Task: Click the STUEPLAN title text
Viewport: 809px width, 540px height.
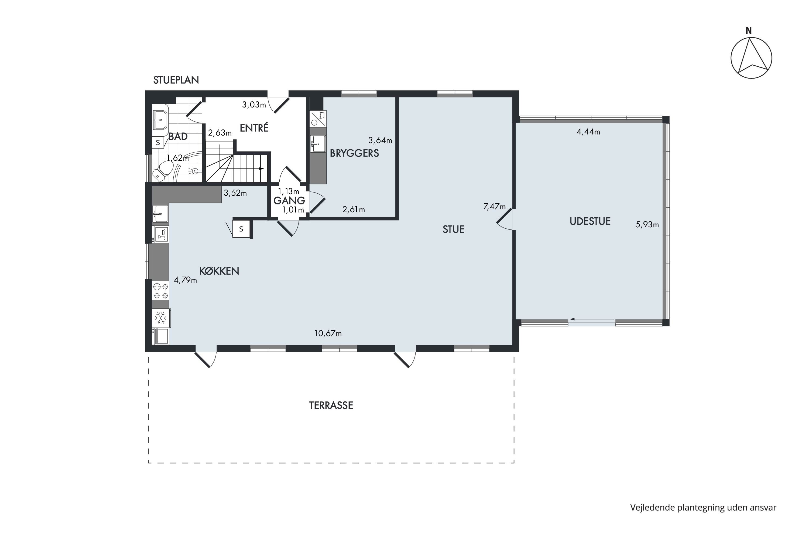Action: pyautogui.click(x=176, y=80)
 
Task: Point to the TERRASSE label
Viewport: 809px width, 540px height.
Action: pyautogui.click(x=331, y=405)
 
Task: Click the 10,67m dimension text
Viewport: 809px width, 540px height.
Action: pyautogui.click(x=328, y=333)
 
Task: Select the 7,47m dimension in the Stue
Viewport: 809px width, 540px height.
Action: pyautogui.click(x=494, y=207)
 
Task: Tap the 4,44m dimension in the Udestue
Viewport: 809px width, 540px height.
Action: pyautogui.click(x=588, y=132)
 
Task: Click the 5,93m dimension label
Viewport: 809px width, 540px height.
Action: pyautogui.click(x=647, y=225)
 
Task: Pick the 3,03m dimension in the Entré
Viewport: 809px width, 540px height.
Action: pyautogui.click(x=254, y=105)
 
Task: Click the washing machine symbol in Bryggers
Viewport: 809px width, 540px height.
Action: pyautogui.click(x=318, y=119)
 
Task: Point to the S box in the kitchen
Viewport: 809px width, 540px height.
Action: pyautogui.click(x=241, y=229)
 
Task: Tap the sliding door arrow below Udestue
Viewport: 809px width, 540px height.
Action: pyautogui.click(x=592, y=320)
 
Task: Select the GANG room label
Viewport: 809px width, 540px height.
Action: pyautogui.click(x=289, y=200)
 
